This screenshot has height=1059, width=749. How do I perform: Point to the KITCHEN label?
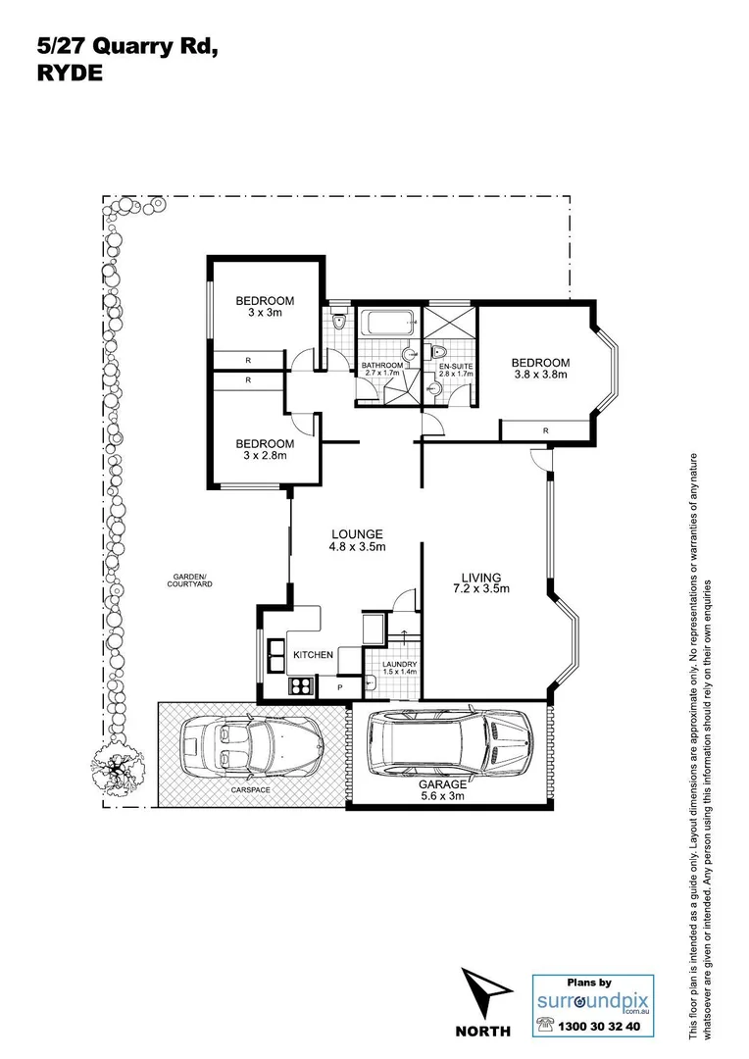coord(313,654)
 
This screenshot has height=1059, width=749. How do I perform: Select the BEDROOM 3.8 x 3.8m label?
coord(540,367)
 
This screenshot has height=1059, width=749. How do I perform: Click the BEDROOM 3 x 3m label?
coord(264,306)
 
